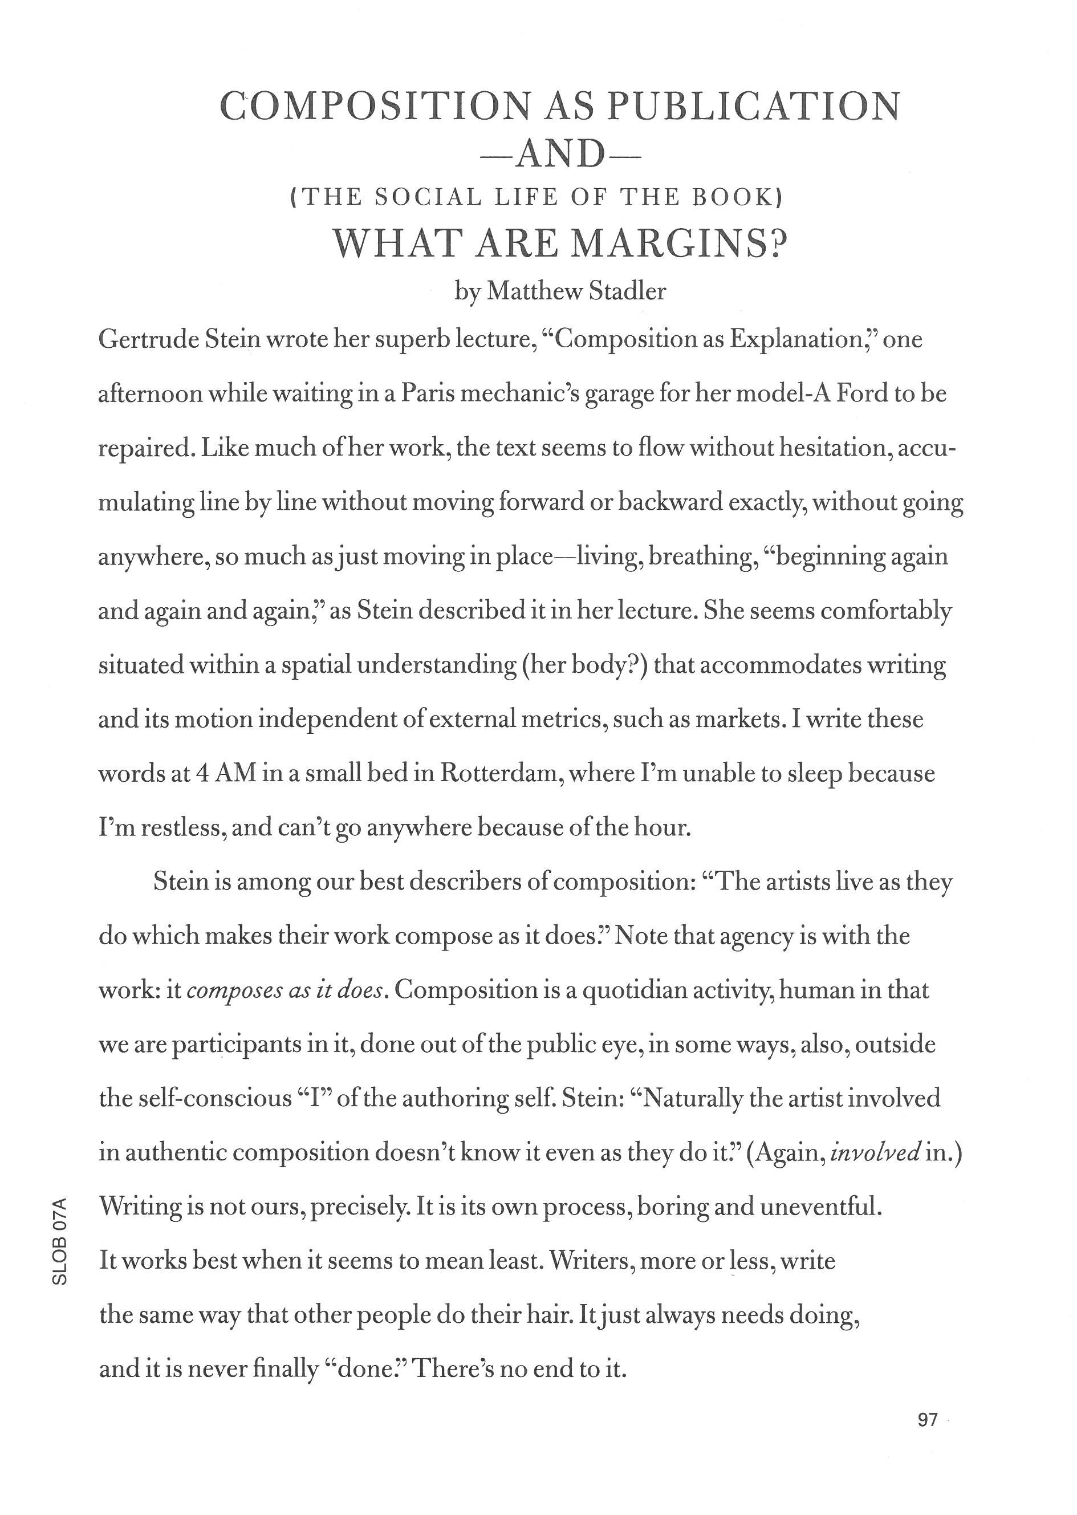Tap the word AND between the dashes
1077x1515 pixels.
(x=560, y=155)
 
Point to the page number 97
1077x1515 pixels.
(x=928, y=1438)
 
